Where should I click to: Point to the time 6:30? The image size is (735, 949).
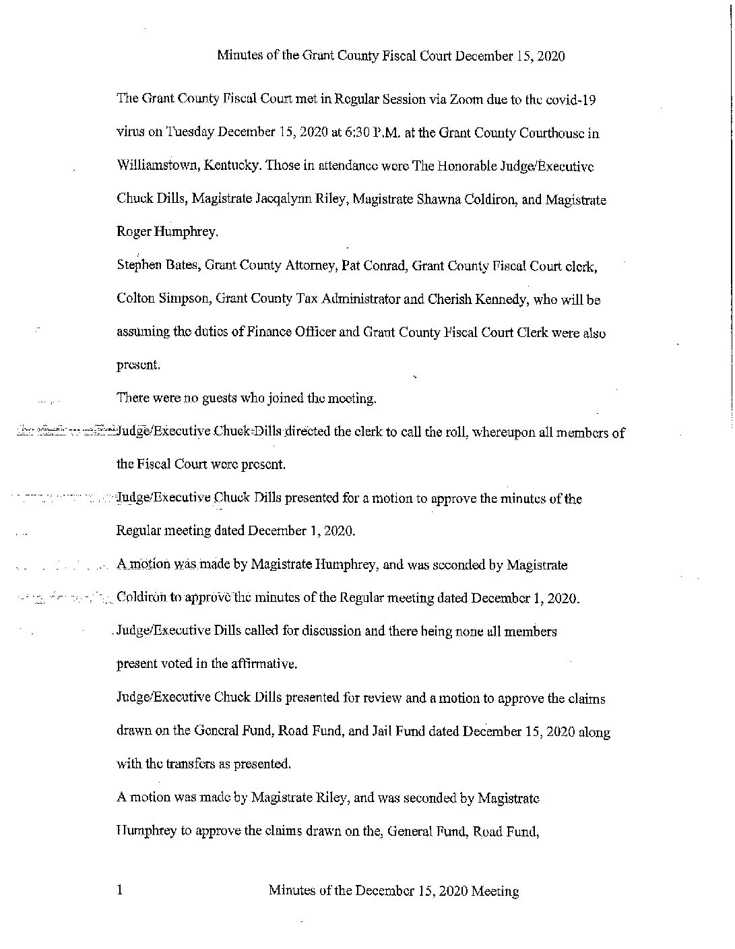[x=343, y=133]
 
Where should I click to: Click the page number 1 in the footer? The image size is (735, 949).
[x=120, y=891]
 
